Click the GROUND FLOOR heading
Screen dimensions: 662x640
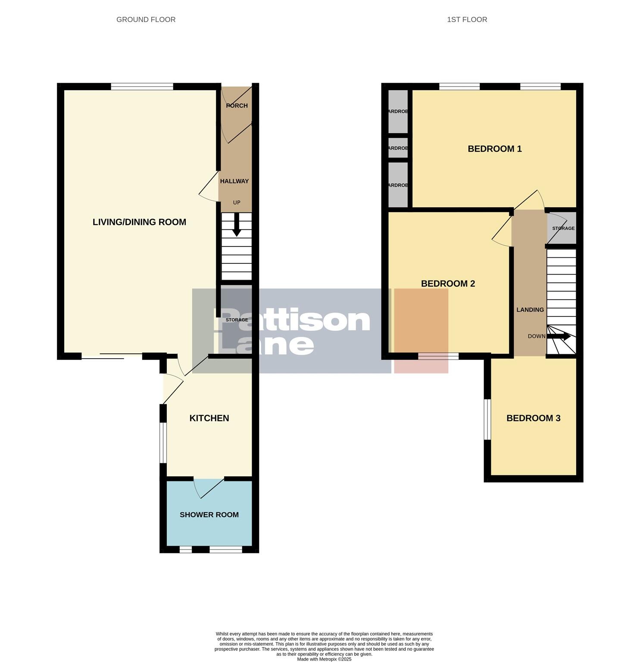tap(146, 19)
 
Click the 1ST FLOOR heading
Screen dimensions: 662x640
tap(467, 19)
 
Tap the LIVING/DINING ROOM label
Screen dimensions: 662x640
tap(139, 222)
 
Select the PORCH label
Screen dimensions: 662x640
tap(237, 106)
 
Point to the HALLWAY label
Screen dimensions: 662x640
tap(234, 181)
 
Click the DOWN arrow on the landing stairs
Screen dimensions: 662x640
tap(562, 336)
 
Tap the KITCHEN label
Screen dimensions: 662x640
tap(209, 418)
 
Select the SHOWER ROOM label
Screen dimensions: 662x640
tap(209, 515)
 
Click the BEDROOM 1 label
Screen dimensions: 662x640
tap(494, 149)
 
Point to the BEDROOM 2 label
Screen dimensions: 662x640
tap(448, 284)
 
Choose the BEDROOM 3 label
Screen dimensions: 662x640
tap(533, 418)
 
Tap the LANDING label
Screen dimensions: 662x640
tap(530, 309)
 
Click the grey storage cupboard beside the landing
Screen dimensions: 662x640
tap(562, 228)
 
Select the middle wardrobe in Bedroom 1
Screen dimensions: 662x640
tap(398, 148)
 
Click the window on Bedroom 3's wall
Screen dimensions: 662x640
tap(487, 419)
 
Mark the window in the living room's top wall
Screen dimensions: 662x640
tap(142, 87)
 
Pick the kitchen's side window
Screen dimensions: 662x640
tap(163, 442)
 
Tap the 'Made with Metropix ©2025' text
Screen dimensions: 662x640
tap(324, 659)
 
